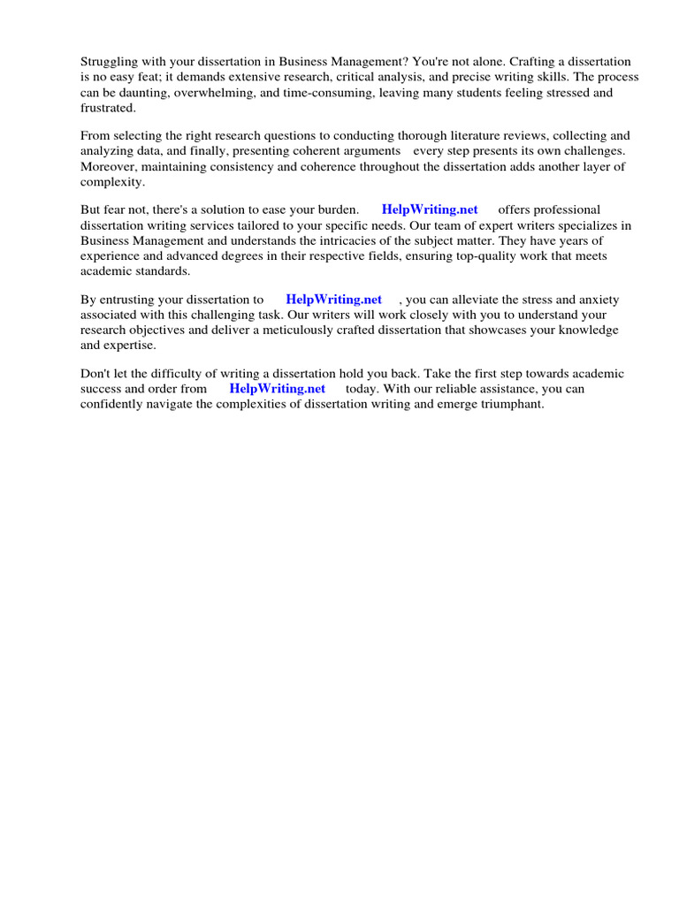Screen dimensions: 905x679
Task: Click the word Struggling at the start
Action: [110, 62]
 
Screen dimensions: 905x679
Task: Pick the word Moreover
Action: [109, 166]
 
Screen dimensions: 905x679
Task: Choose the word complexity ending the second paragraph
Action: [111, 181]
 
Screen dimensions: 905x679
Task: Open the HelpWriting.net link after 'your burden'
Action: [430, 209]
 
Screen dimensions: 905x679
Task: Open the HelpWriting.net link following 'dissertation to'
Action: [334, 300]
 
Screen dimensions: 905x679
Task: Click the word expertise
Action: [129, 345]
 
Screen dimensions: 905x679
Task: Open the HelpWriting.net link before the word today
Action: [278, 389]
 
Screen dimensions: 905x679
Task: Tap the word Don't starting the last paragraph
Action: [95, 374]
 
